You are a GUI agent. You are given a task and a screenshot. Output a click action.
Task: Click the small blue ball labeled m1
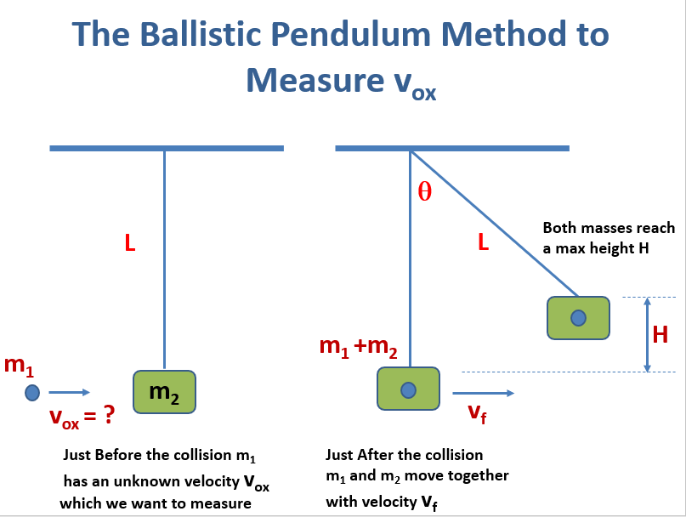(32, 392)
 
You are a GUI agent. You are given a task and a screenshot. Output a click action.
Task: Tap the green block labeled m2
(164, 391)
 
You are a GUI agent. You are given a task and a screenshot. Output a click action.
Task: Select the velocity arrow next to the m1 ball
(69, 392)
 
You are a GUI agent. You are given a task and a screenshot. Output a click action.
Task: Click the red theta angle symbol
(424, 192)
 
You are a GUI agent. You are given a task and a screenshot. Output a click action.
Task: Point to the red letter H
(660, 335)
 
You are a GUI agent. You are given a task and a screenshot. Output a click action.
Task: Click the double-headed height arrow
(647, 334)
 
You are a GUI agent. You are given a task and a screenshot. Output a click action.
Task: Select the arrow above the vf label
(483, 393)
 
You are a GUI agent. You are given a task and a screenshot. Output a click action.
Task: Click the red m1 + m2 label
(358, 346)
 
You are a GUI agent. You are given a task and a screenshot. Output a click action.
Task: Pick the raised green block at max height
(578, 318)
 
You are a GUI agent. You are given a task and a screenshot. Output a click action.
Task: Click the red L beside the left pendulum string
(130, 244)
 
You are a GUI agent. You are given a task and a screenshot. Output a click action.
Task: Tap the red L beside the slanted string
(483, 242)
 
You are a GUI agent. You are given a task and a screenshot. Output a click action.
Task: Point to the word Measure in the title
(311, 81)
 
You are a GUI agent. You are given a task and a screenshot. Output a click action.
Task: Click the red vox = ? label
(82, 418)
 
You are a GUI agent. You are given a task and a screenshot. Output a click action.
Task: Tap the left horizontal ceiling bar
(167, 148)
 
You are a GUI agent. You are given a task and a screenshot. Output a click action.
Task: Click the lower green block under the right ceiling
(408, 389)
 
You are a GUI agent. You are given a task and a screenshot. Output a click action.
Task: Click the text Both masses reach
(609, 228)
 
